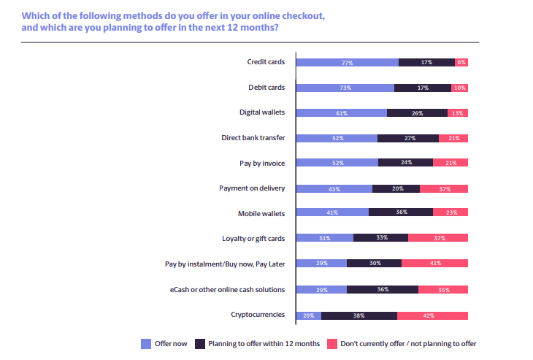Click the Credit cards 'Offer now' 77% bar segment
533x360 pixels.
pos(347,63)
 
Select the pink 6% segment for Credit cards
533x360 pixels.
pos(461,63)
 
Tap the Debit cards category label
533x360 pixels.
pos(266,88)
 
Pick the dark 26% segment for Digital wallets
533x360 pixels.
pos(417,113)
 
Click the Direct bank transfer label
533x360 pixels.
pos(253,138)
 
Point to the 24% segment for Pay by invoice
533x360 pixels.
pos(405,163)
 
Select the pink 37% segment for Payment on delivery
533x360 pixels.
pos(444,188)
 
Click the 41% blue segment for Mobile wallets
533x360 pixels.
pos(331,213)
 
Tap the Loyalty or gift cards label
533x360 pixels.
pos(253,239)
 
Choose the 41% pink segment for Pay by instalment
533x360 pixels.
pos(435,264)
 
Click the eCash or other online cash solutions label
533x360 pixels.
pos(233,289)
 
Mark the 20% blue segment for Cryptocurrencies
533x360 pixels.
pos(308,315)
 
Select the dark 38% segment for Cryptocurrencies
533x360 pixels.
pos(359,315)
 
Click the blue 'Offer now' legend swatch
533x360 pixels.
pos(146,342)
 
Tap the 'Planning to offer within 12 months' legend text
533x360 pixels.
pos(264,342)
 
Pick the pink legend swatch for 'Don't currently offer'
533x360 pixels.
pos(331,342)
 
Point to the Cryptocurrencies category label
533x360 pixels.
pos(257,315)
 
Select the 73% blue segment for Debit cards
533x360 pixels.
pos(345,88)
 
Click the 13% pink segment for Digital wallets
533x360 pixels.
pos(458,113)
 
